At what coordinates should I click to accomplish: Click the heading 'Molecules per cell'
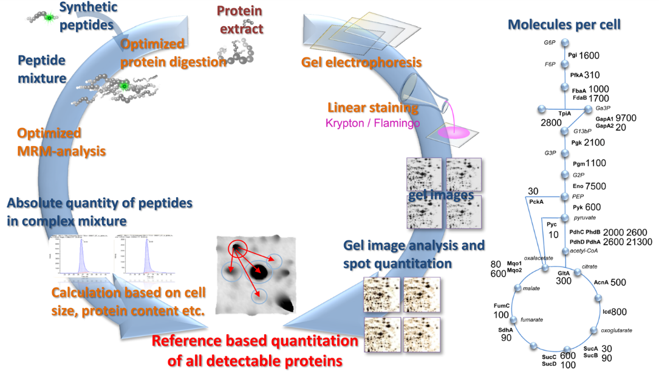564,25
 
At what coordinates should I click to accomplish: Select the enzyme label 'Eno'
578,186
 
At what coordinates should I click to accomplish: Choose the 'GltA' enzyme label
564,274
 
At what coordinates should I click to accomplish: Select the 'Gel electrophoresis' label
361,62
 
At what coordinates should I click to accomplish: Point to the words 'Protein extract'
241,20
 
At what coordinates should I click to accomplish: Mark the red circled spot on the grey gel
237,248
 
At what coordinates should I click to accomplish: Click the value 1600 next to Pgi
589,56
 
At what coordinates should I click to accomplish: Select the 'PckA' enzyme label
536,201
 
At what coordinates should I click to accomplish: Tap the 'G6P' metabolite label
550,43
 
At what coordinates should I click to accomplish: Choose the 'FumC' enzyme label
502,305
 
